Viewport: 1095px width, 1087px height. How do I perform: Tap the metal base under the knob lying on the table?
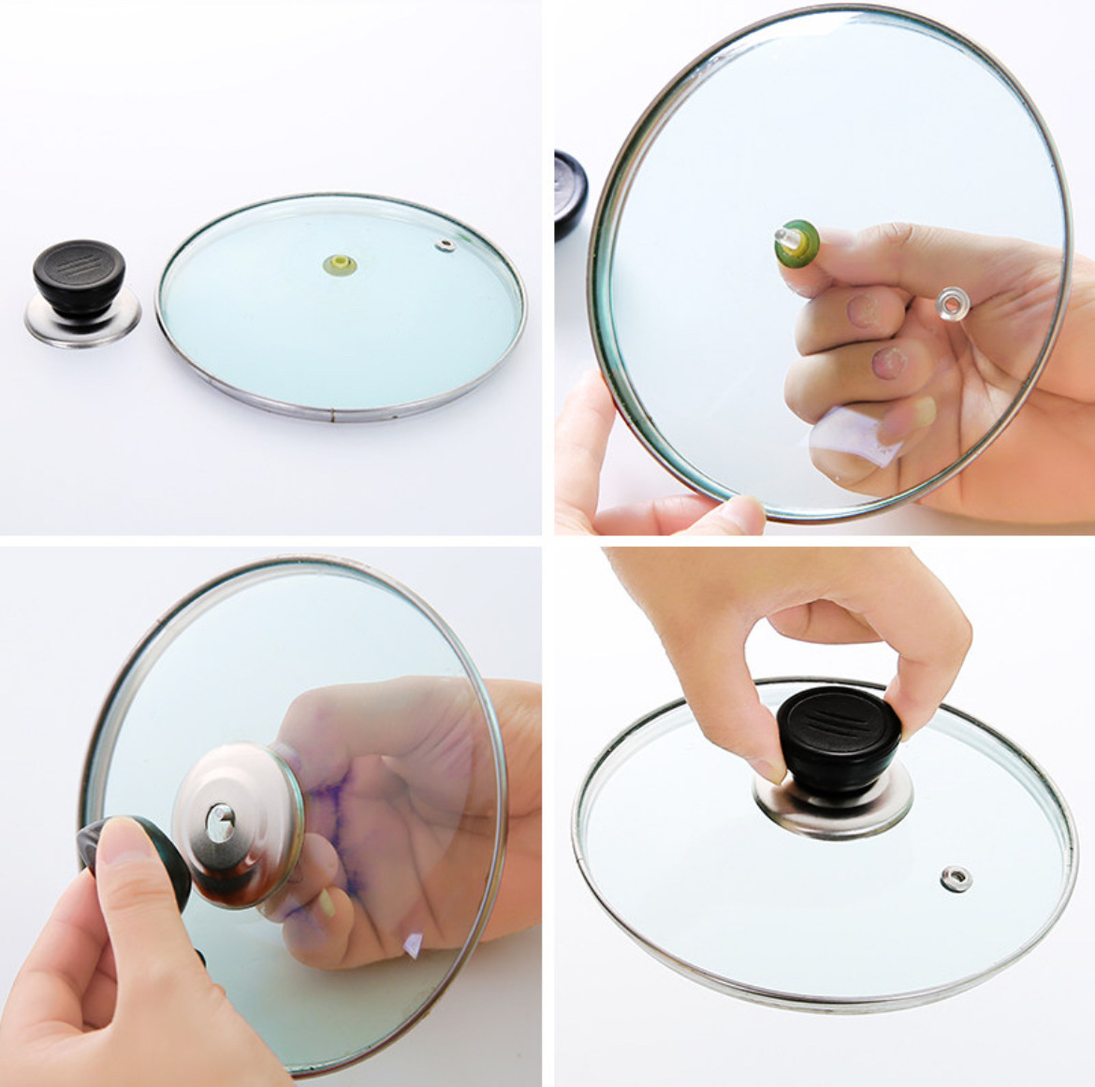click(82, 321)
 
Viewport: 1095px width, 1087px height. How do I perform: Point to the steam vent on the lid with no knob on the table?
click(445, 245)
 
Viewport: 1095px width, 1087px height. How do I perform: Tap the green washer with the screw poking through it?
click(796, 241)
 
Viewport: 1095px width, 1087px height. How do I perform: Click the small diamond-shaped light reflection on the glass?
click(411, 946)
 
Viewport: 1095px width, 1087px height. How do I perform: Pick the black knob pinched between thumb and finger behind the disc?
click(140, 857)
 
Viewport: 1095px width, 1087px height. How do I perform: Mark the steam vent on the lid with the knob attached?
click(956, 878)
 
